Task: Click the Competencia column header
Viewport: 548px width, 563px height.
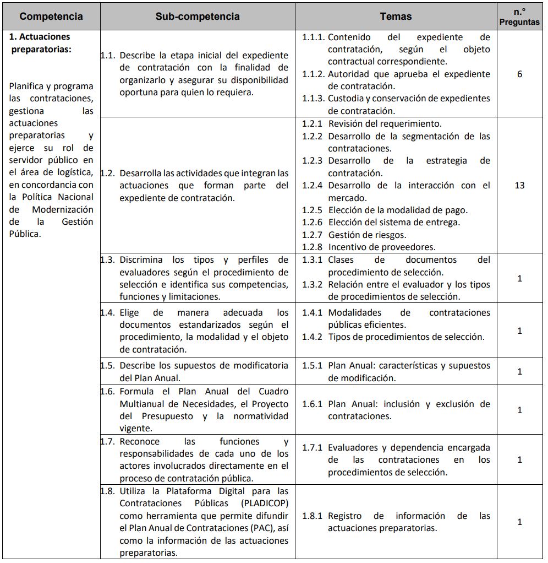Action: coord(51,17)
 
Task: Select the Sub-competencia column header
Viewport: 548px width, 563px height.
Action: coord(198,17)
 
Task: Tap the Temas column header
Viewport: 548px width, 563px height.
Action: coord(396,17)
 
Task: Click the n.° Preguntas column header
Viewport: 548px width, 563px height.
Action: coord(519,17)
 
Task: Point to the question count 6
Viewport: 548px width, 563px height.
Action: coord(519,74)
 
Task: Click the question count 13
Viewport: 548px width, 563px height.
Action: coord(519,185)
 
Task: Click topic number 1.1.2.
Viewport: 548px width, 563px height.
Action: coord(313,74)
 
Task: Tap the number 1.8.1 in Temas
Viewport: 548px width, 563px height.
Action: coord(313,516)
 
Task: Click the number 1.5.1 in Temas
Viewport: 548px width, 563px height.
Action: coord(313,366)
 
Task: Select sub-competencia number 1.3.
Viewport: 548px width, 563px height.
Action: coord(108,259)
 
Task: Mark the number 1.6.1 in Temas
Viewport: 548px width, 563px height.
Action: coord(313,404)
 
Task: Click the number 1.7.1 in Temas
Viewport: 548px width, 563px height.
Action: coord(313,447)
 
